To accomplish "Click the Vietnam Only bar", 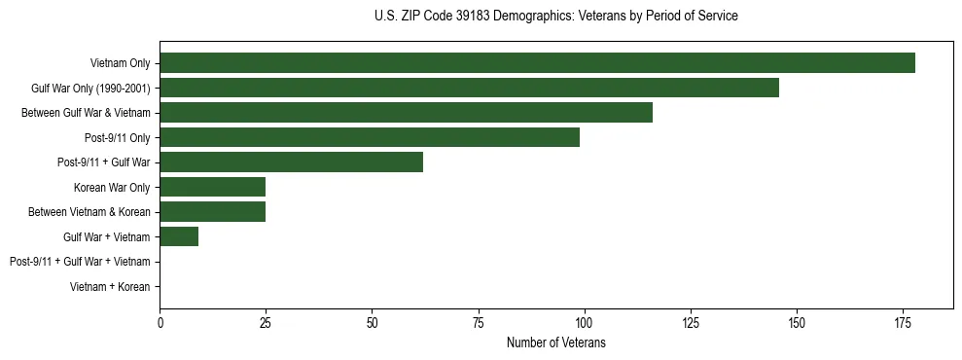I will [537, 63].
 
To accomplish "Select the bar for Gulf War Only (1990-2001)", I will [469, 88].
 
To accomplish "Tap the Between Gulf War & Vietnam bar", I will [406, 113].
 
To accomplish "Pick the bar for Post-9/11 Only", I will [370, 137].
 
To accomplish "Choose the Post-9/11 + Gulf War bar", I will [291, 162].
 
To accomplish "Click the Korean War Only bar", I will [212, 187].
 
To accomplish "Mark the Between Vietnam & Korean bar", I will [212, 212].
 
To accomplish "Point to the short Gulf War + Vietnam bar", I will [179, 236].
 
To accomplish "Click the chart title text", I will [555, 17].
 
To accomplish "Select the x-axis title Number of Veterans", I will [555, 342].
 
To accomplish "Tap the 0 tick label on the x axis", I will [160, 322].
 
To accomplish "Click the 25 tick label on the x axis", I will [266, 322].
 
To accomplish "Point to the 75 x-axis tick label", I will [478, 322].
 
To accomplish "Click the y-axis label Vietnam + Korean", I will [110, 287].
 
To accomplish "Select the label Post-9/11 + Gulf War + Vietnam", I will [80, 262].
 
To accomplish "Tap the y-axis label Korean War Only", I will [112, 188].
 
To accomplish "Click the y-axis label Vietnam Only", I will [120, 63].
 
